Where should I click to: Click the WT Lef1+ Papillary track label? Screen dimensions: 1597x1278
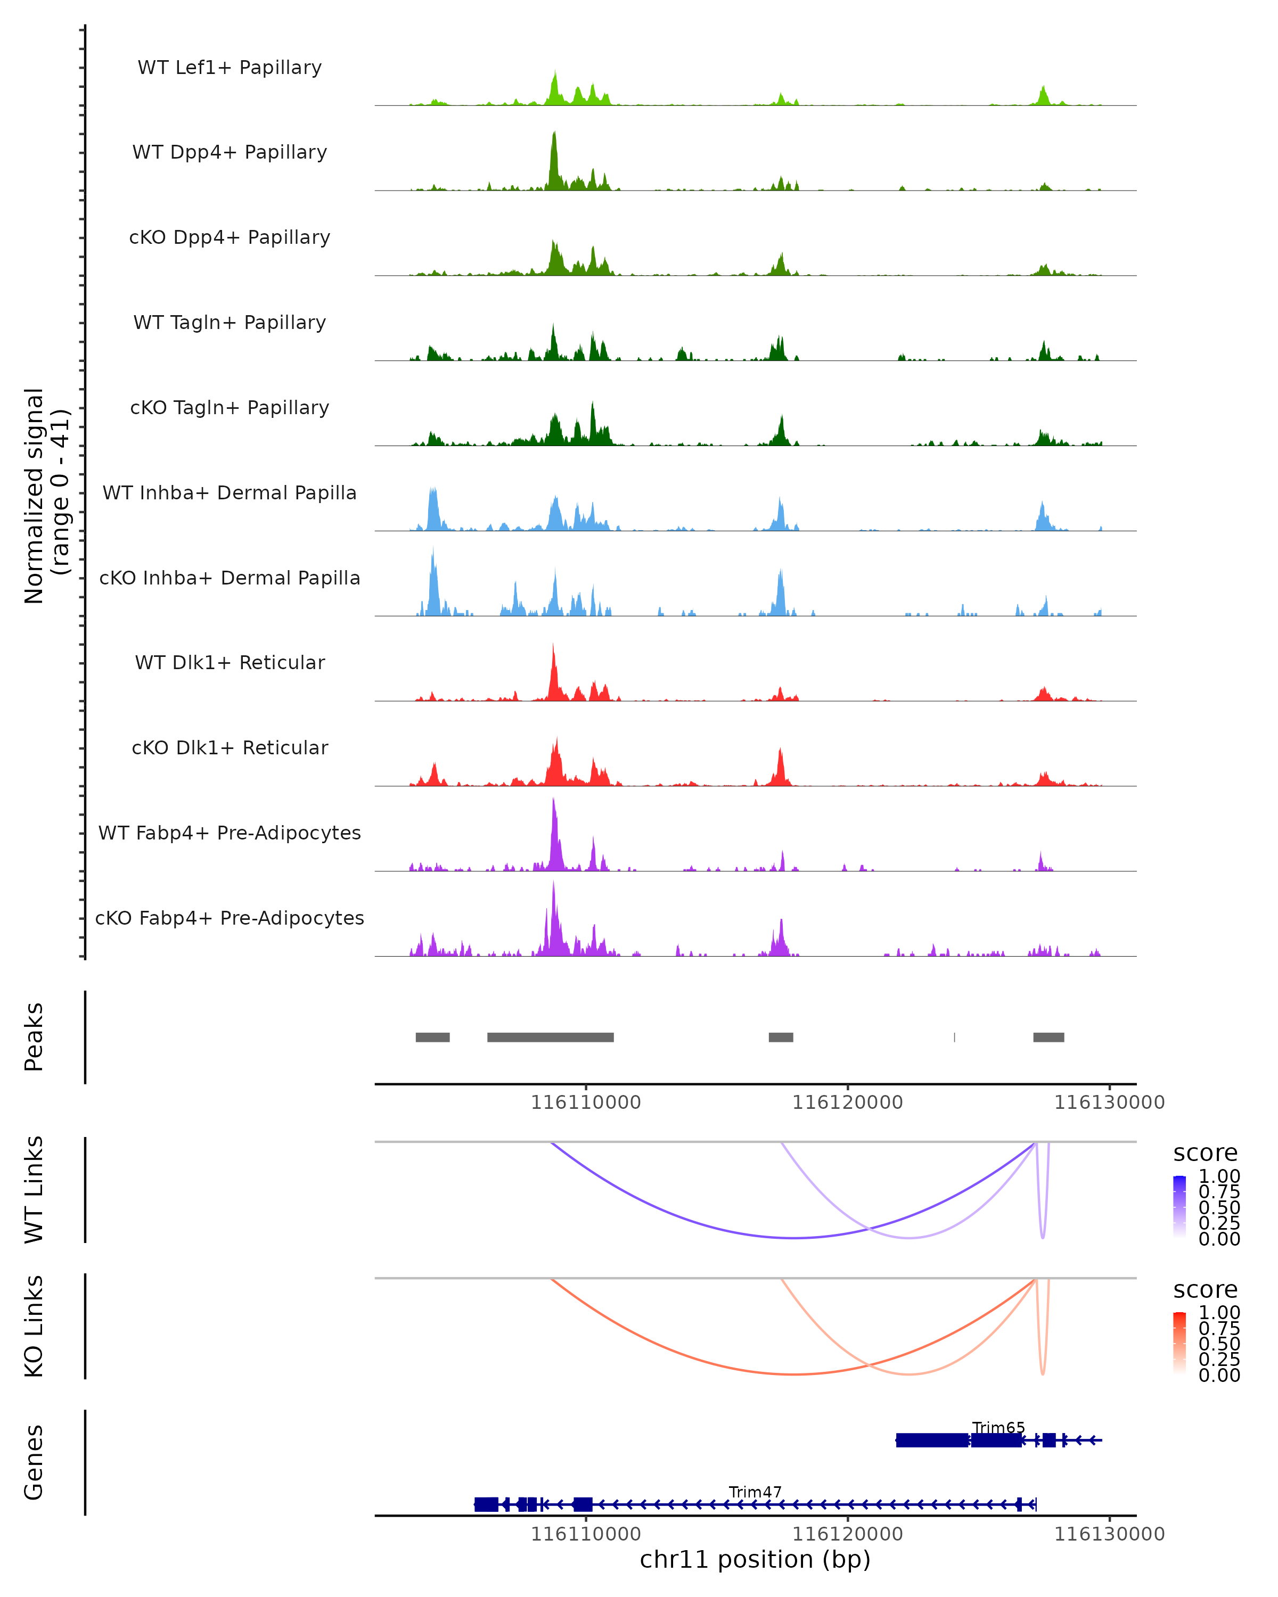[x=230, y=68]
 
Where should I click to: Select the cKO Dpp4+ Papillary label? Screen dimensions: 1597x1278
[x=230, y=238]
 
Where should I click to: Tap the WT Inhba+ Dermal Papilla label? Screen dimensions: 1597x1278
[x=230, y=493]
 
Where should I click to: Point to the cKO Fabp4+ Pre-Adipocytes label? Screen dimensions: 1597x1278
[x=230, y=918]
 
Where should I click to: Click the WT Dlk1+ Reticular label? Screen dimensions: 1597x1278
[x=230, y=663]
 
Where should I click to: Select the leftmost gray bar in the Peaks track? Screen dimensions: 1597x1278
[x=433, y=1037]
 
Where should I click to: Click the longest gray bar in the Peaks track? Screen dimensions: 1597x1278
[x=551, y=1037]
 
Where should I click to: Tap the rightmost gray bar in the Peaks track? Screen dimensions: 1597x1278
[x=1048, y=1037]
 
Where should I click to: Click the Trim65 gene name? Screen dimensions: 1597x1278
[x=998, y=1427]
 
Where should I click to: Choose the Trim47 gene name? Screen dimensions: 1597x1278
[x=755, y=1492]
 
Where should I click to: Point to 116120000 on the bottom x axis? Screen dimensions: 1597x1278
[x=848, y=1534]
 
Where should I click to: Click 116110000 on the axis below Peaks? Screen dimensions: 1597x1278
[x=586, y=1102]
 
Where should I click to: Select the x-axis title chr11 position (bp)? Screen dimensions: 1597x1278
[x=755, y=1560]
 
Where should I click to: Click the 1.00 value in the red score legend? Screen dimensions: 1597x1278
[x=1219, y=1313]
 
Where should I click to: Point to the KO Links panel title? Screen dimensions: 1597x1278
[x=34, y=1326]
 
